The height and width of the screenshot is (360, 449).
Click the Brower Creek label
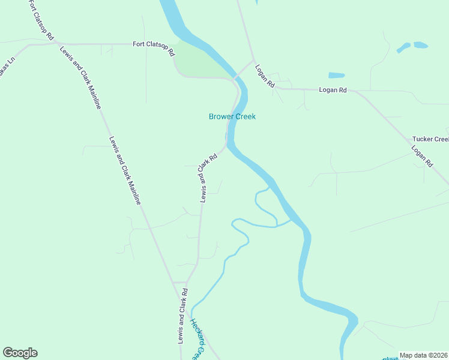232,116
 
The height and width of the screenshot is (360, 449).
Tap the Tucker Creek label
430,139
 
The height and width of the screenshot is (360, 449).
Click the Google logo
20,353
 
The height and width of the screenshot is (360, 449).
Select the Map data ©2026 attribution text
423,355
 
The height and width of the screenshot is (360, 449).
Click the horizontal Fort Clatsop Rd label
153,44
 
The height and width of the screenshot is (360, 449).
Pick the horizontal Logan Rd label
333,90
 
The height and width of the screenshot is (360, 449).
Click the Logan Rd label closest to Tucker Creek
422,155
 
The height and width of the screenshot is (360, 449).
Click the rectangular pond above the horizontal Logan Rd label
336,76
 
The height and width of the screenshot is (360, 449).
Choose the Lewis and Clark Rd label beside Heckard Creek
182,316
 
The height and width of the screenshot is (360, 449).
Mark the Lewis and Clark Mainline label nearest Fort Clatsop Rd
80,77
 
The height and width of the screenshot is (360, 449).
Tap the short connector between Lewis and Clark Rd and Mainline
179,282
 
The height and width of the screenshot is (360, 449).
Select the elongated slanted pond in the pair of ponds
403,47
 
